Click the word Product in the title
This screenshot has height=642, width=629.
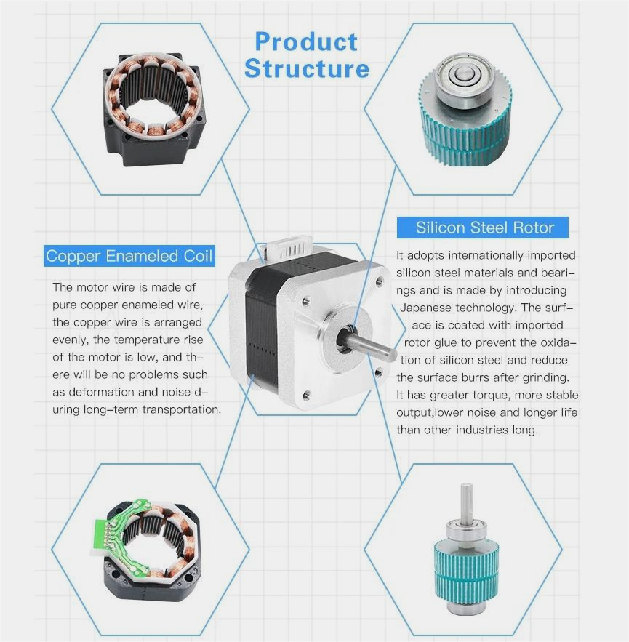click(306, 42)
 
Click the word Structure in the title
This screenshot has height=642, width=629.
click(306, 69)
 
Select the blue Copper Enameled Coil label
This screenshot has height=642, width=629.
click(129, 256)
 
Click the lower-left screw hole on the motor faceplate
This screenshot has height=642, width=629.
click(305, 393)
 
